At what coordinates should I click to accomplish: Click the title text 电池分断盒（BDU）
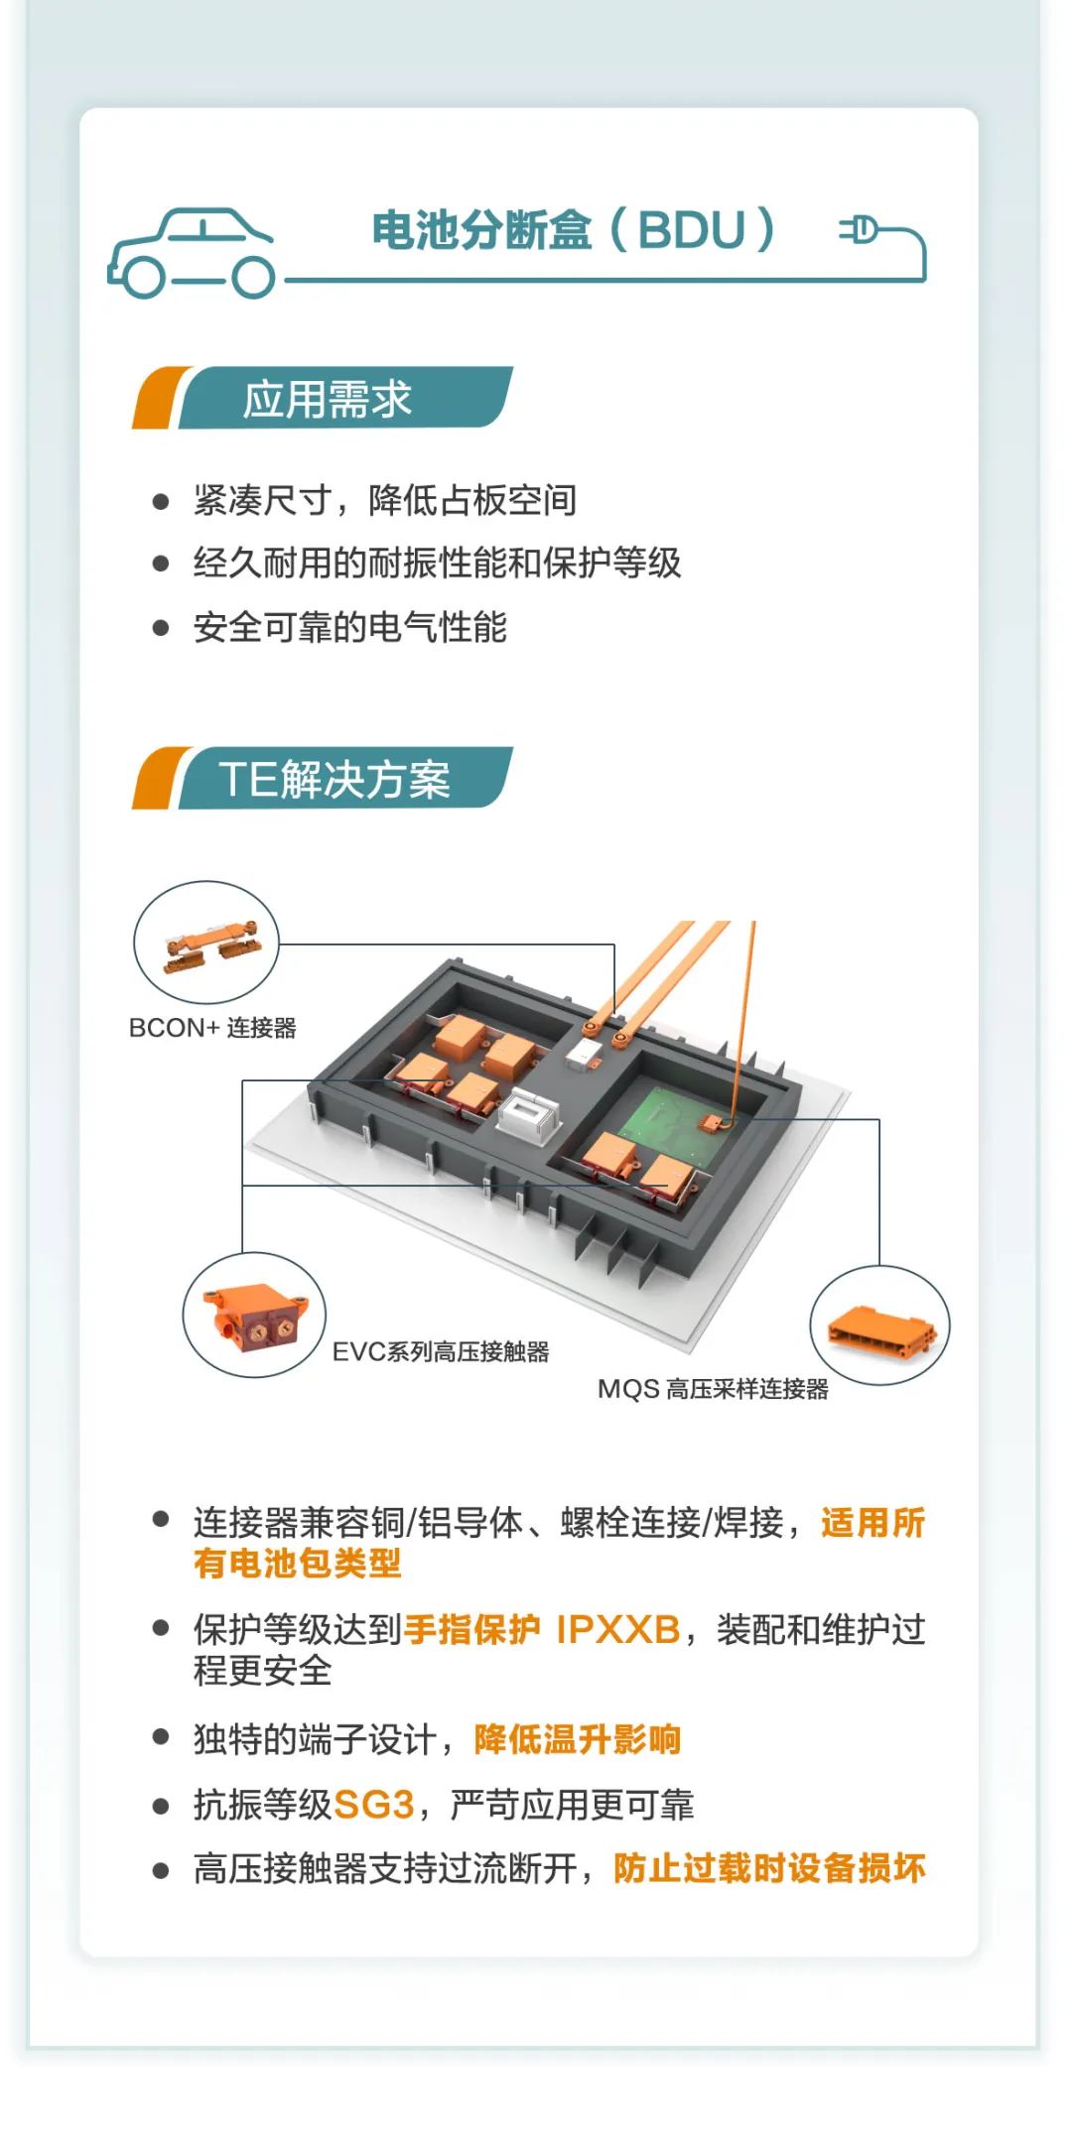point(573,230)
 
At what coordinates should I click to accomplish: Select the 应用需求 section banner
point(323,398)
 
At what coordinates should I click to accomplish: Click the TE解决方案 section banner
point(323,778)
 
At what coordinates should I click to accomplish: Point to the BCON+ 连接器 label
point(212,1028)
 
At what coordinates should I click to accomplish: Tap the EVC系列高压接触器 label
point(441,1351)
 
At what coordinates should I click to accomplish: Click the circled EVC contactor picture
point(254,1315)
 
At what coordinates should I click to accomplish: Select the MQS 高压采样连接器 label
point(713,1389)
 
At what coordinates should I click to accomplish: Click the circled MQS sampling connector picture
point(880,1325)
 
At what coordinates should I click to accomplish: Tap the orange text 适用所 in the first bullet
point(873,1522)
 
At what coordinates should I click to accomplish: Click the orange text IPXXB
point(617,1629)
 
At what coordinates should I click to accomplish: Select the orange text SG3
point(373,1805)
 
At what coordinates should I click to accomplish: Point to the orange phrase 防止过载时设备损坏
point(769,1868)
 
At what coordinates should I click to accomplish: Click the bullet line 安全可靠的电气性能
point(350,627)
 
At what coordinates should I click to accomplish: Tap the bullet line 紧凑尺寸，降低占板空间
point(385,501)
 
